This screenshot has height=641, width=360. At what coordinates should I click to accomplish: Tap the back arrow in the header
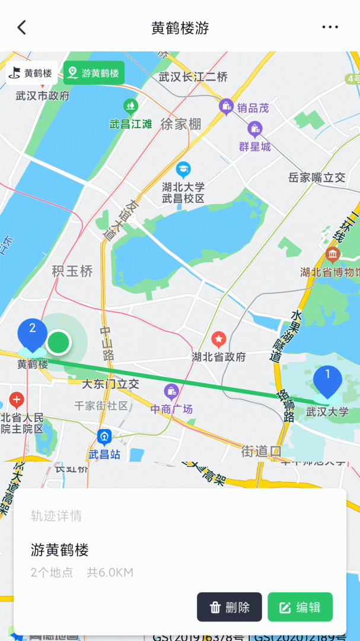(x=22, y=27)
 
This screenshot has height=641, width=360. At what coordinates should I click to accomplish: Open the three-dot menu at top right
(x=330, y=27)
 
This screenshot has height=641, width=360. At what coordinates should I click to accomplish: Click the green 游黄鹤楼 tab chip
(x=94, y=73)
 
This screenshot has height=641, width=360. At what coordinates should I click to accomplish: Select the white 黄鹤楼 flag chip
(x=32, y=73)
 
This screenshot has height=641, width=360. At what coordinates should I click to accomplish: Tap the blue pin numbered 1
(x=327, y=380)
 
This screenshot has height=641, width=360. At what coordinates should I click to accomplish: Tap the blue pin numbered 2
(x=33, y=334)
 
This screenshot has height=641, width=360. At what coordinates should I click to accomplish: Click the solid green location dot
(x=58, y=342)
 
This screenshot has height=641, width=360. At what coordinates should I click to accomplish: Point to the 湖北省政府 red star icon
(x=219, y=340)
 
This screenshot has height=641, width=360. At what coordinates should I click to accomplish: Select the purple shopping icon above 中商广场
(x=171, y=392)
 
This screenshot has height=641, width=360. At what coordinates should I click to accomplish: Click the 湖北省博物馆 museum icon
(x=332, y=256)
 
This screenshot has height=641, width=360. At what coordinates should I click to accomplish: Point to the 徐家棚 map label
(x=181, y=124)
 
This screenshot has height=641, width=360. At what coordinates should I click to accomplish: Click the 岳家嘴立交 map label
(x=316, y=177)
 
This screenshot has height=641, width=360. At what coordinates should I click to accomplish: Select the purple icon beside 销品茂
(x=226, y=107)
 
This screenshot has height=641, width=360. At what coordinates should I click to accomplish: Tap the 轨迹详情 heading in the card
(x=56, y=516)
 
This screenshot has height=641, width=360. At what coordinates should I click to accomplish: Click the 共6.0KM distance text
(x=110, y=572)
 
